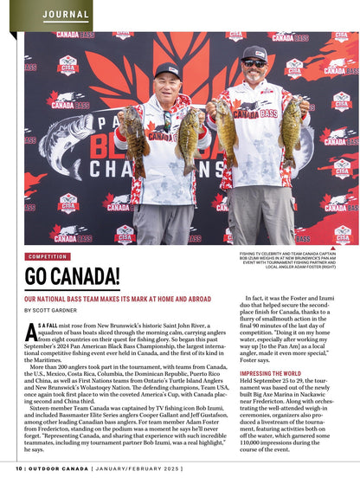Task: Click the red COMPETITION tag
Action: [48, 256]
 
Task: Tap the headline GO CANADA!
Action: [73, 277]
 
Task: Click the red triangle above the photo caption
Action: [345, 248]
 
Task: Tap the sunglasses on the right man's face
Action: [254, 63]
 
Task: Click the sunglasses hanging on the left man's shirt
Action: [167, 119]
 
